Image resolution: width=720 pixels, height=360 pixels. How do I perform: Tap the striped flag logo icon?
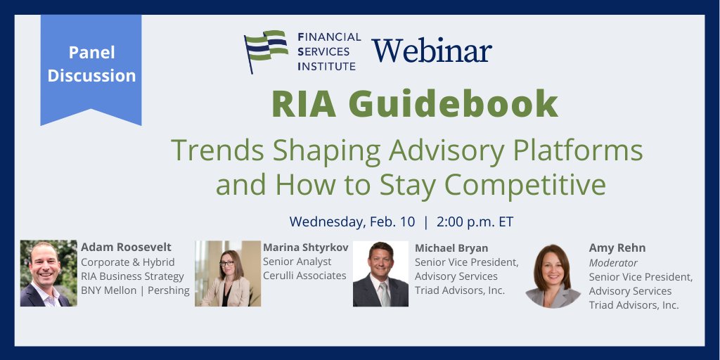(266, 51)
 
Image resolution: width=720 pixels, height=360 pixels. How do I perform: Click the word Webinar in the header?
(432, 51)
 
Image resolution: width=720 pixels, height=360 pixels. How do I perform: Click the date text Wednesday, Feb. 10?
(351, 221)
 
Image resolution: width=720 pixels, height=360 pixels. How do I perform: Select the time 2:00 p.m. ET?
(475, 221)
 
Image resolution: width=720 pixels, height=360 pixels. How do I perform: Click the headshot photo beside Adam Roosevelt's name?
(49, 274)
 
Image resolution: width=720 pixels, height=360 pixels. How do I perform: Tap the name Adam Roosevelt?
(126, 247)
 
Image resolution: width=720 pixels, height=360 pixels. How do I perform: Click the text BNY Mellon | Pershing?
(135, 290)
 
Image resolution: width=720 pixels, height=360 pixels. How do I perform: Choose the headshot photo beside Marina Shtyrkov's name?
(228, 274)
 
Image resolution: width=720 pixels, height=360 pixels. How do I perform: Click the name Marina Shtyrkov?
(306, 247)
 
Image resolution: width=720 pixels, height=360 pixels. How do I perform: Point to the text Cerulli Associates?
(304, 276)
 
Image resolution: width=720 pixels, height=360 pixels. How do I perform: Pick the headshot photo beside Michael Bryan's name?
(380, 274)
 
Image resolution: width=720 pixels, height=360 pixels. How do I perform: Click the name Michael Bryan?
(451, 248)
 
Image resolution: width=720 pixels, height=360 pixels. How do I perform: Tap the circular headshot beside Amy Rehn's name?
(553, 276)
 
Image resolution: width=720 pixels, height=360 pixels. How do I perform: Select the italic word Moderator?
(613, 262)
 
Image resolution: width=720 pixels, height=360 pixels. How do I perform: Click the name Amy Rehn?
(617, 248)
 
